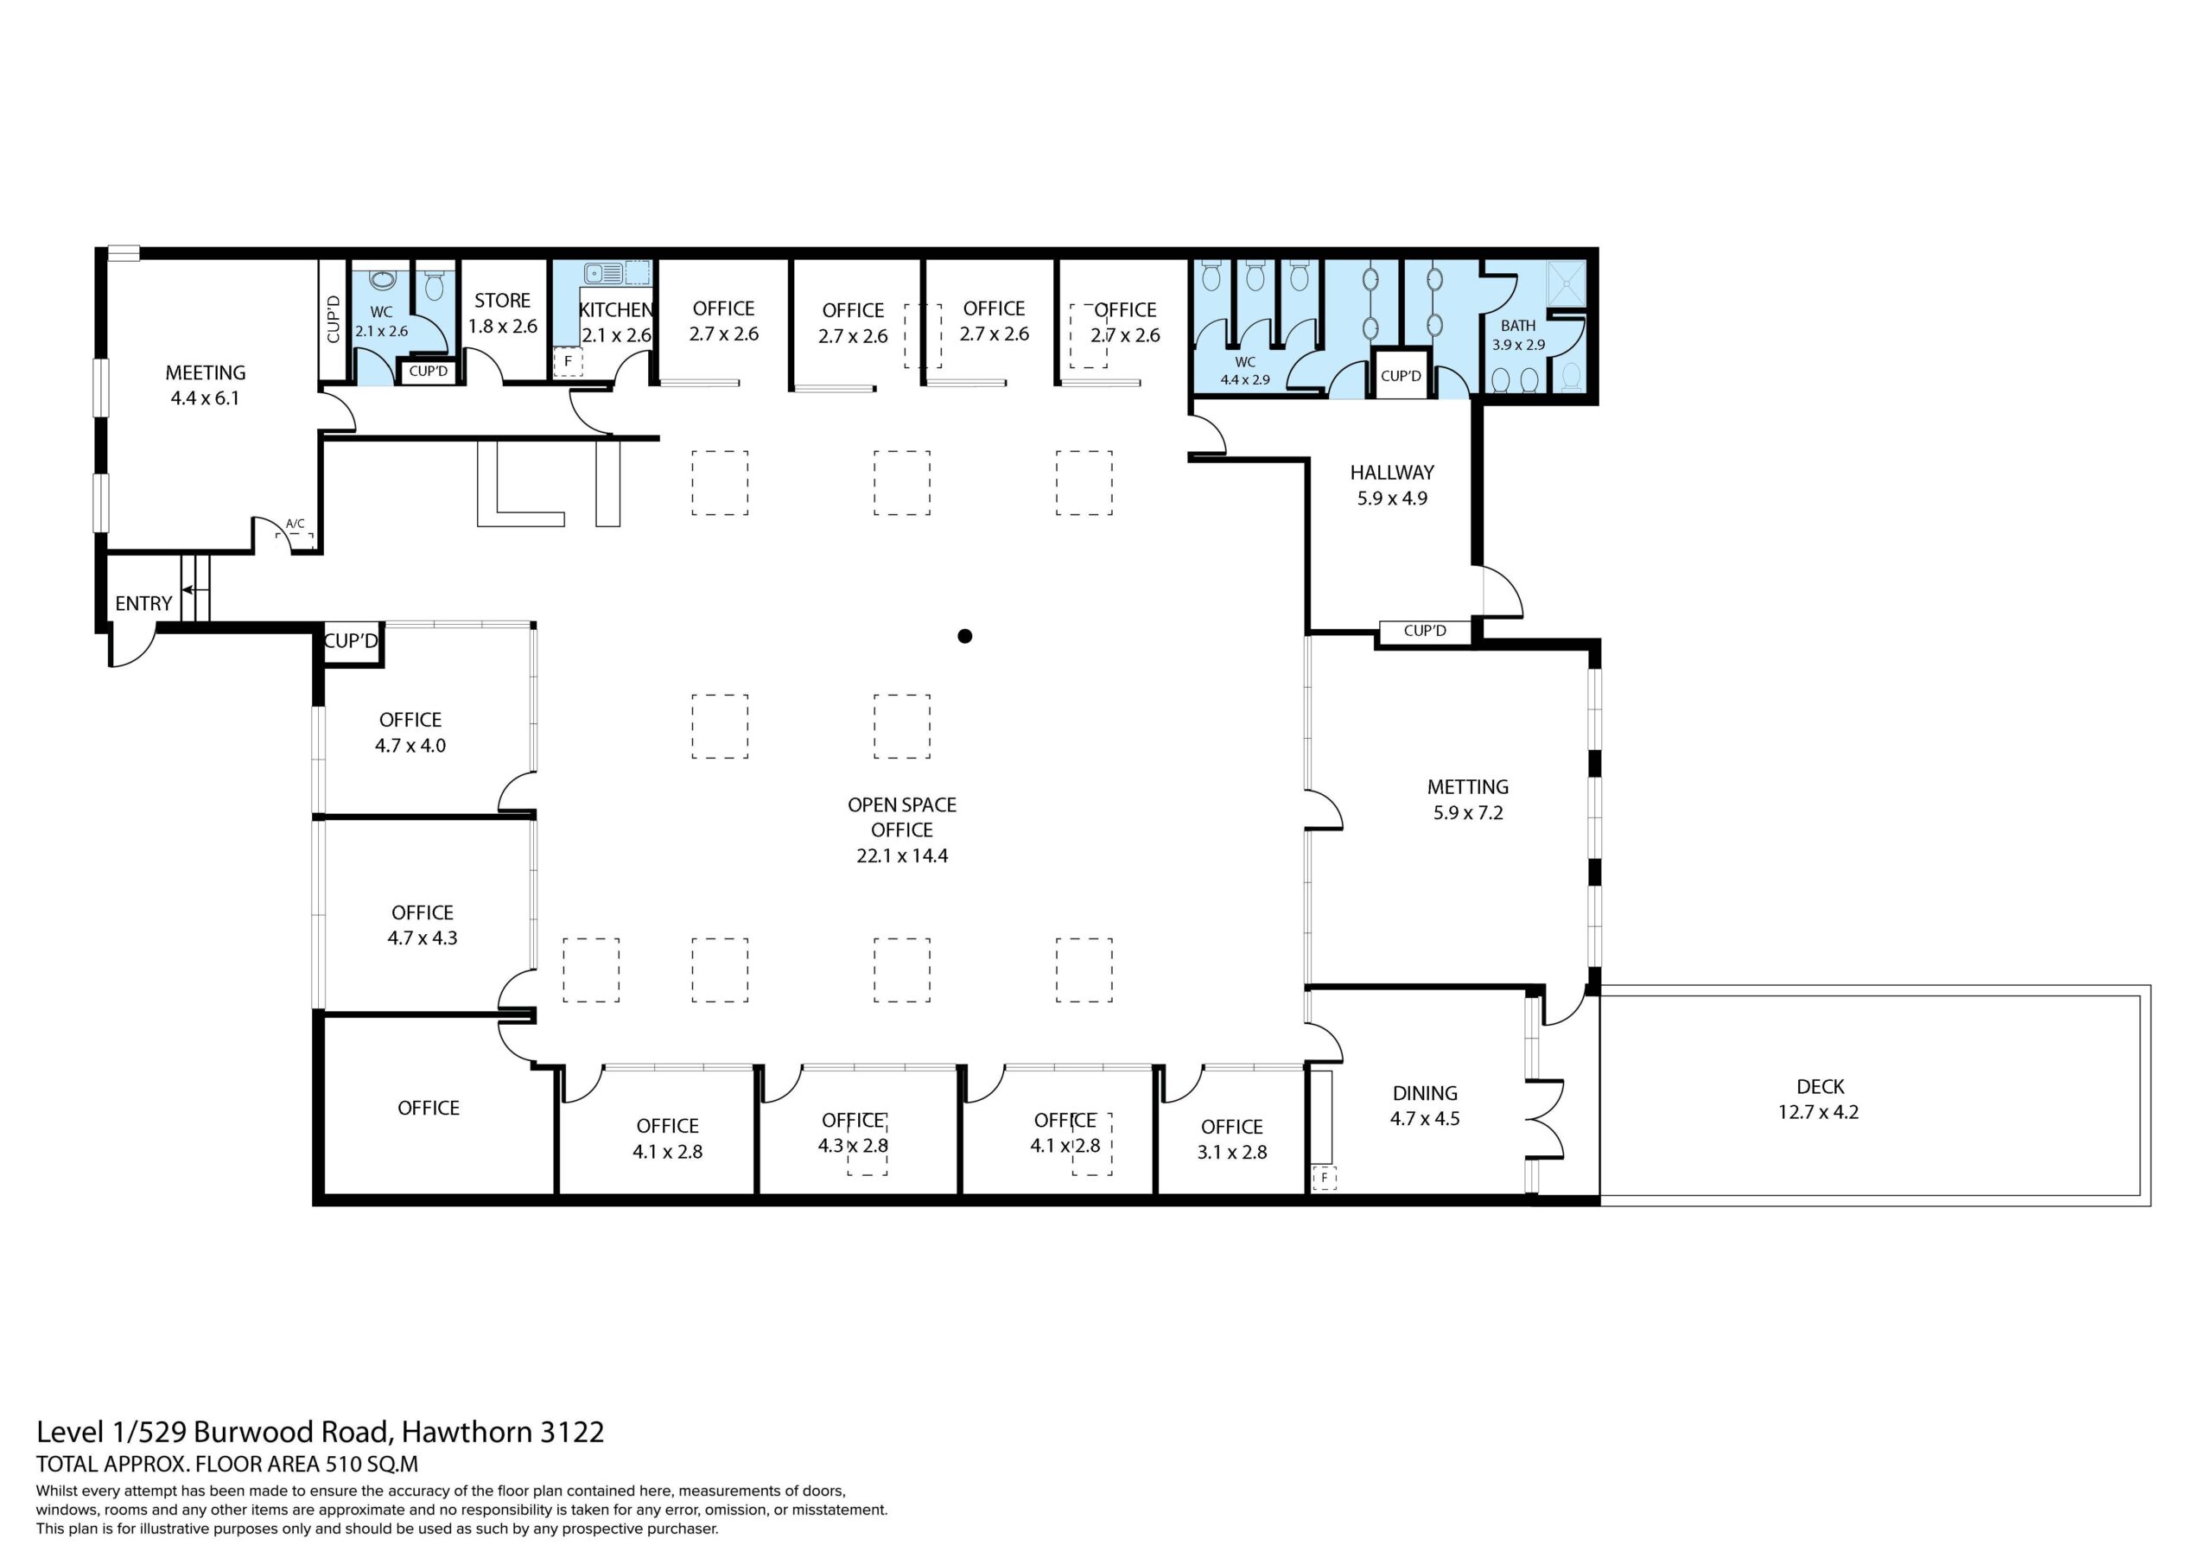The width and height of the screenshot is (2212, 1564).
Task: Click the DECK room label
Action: point(1820,1086)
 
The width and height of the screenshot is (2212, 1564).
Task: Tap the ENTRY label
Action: point(143,603)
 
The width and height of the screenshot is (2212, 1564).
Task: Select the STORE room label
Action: point(502,301)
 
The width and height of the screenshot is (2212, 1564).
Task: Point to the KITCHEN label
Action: point(617,309)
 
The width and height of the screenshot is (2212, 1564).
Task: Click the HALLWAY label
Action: point(1392,472)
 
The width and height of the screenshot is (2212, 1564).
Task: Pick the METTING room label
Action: point(1468,786)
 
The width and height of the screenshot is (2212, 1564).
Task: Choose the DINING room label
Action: point(1425,1093)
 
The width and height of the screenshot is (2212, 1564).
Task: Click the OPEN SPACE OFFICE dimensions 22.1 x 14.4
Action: point(902,855)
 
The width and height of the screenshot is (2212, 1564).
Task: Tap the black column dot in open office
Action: point(964,636)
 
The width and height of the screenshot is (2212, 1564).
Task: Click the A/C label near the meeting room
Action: point(295,525)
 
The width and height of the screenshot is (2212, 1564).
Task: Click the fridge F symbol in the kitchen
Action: point(568,361)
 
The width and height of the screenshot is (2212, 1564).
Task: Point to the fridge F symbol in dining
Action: point(1325,1178)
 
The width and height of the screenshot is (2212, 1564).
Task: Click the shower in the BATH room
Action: point(1565,283)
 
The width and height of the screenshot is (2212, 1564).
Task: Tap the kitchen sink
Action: point(601,274)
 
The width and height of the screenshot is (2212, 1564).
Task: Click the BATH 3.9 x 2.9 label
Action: point(1518,335)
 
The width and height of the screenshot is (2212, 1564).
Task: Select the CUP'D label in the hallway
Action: point(1425,631)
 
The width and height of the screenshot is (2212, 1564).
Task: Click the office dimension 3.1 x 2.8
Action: point(1232,1152)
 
